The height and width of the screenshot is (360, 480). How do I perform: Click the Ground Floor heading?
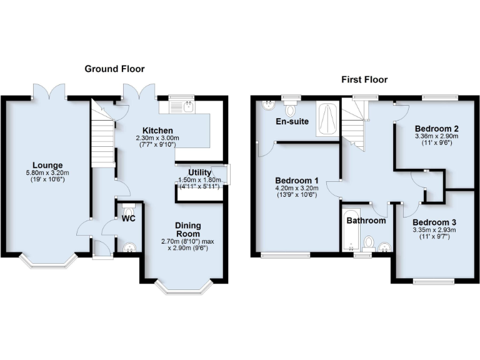(x=114, y=69)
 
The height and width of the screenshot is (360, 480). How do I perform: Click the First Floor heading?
(x=364, y=79)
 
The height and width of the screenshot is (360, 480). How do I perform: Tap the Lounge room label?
(x=48, y=166)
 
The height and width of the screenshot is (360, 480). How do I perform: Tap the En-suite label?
(x=292, y=121)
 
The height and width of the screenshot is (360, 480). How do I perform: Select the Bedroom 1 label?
(x=297, y=180)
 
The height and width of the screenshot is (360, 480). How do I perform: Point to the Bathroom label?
(x=366, y=221)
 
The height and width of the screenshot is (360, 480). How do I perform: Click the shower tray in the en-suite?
(x=327, y=119)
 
